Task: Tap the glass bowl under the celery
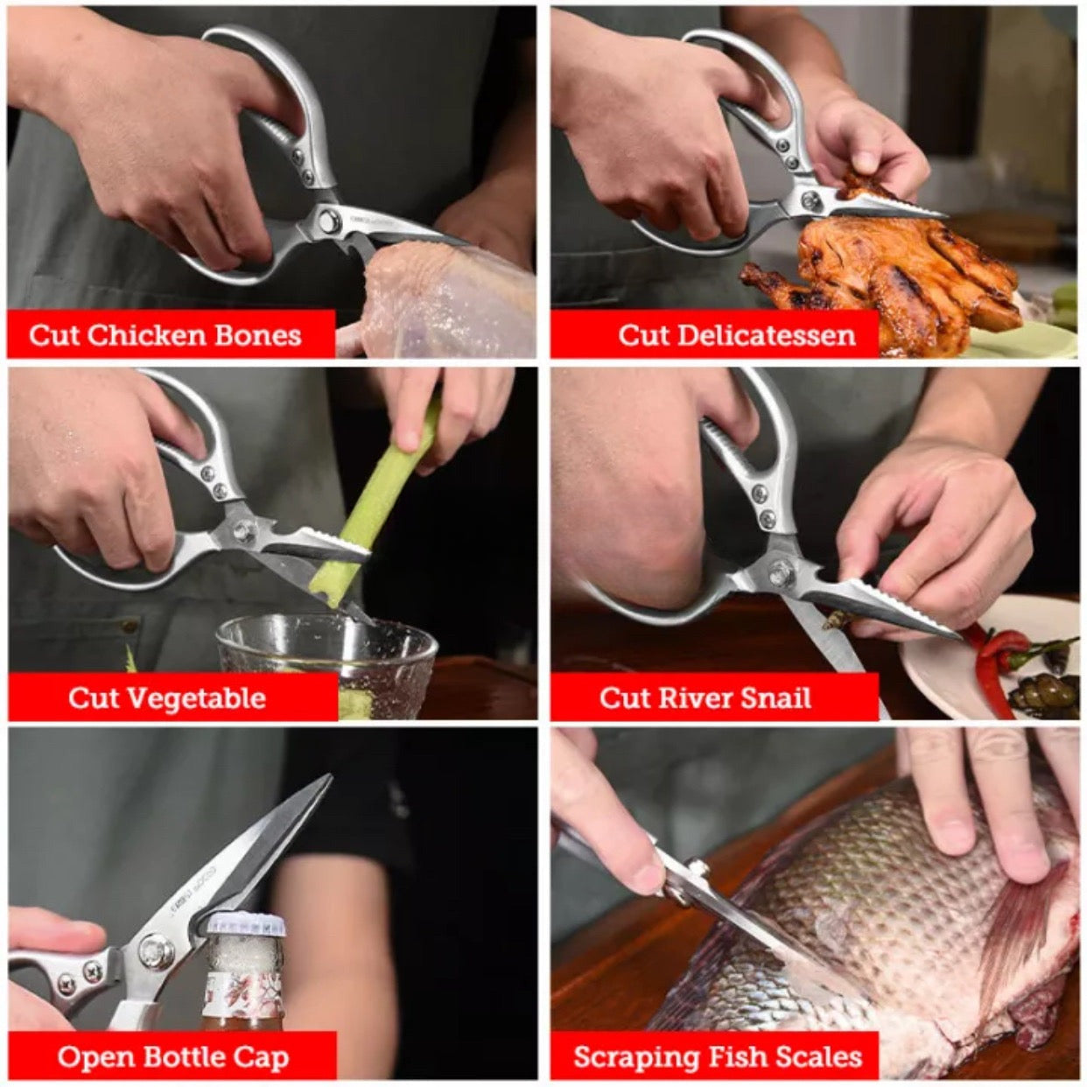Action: click(326, 666)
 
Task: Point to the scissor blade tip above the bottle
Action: click(329, 777)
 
